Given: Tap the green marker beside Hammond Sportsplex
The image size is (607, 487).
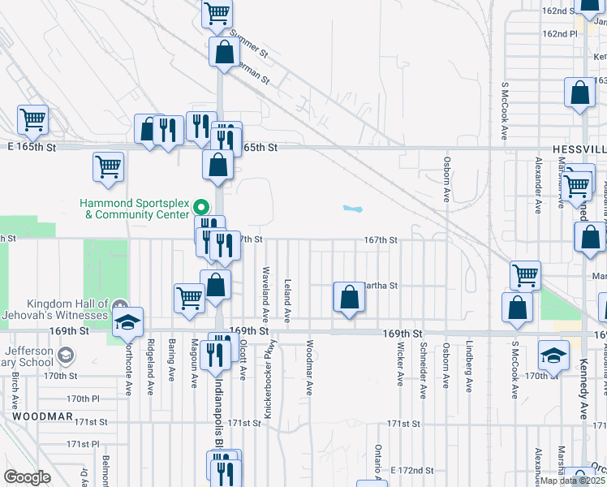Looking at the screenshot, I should (201, 205).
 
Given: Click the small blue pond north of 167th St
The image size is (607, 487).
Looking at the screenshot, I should (351, 209).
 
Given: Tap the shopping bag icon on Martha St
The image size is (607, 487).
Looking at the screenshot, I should (349, 297).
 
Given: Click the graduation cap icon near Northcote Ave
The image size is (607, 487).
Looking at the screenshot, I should (127, 322).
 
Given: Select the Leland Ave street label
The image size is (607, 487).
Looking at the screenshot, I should (287, 300).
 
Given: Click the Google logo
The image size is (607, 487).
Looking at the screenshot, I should (27, 477).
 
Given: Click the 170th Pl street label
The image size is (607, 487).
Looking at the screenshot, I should (83, 399).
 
